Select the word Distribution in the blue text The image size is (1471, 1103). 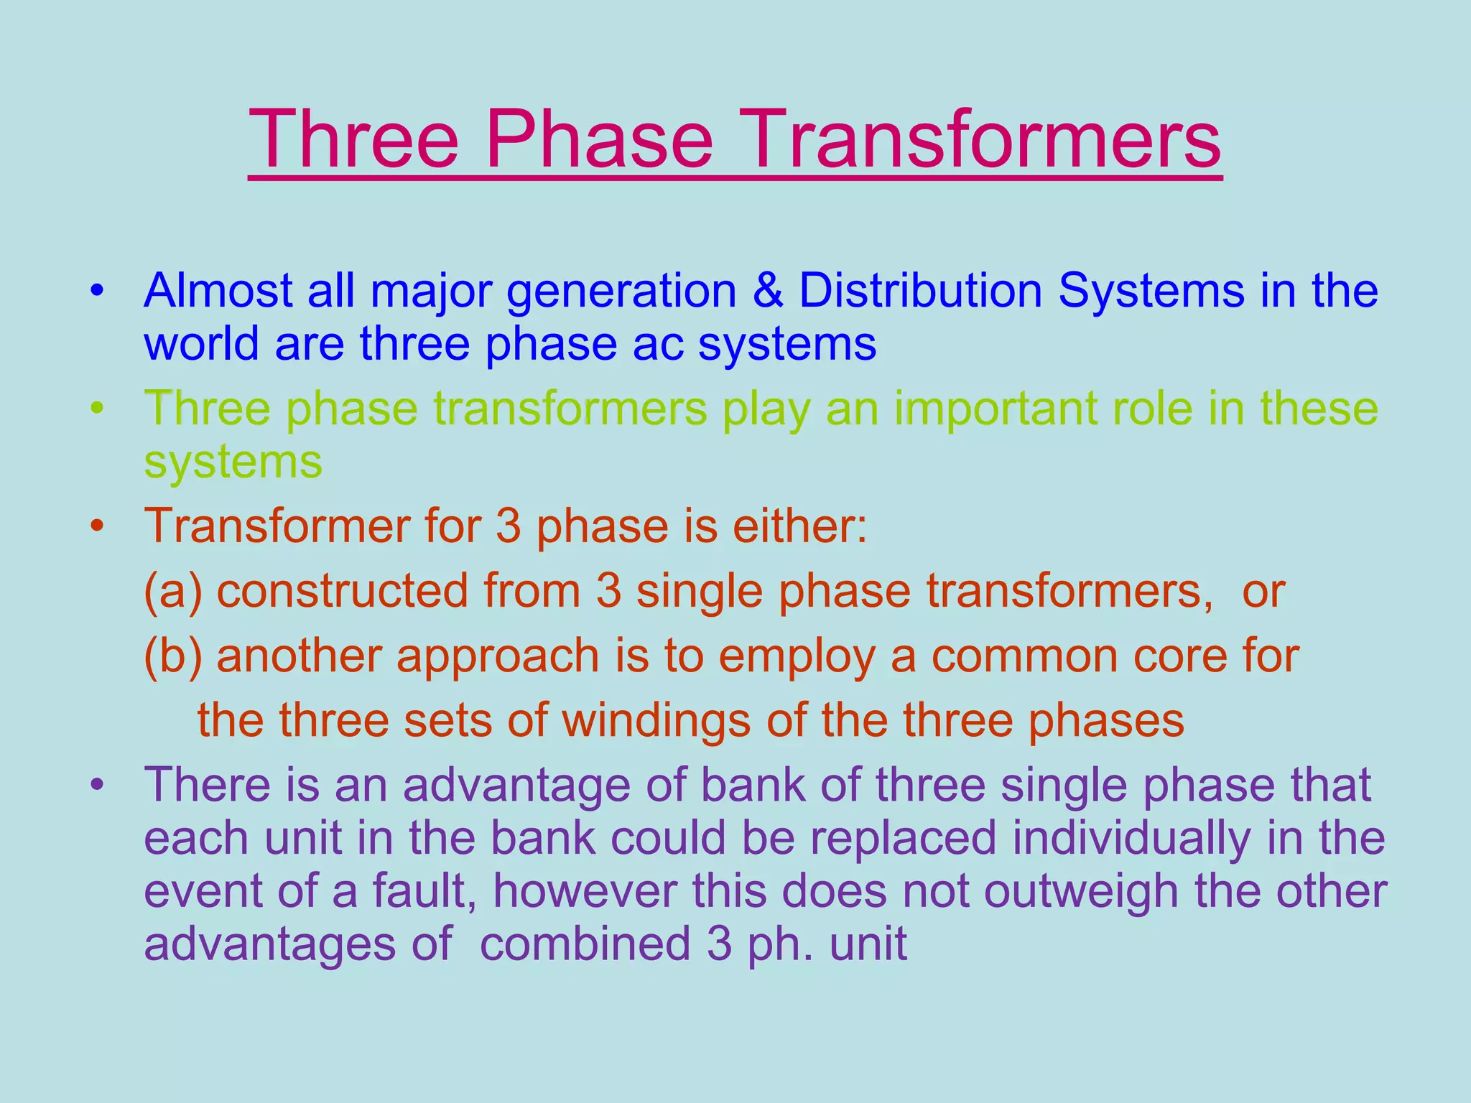point(920,291)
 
